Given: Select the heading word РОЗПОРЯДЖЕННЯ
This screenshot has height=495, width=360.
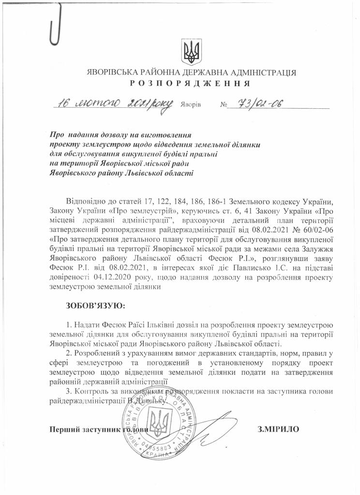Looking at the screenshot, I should tap(189, 83).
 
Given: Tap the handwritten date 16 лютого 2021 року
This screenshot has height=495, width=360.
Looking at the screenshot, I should tap(112, 103).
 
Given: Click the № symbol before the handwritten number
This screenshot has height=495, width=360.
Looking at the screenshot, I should tap(223, 104).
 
